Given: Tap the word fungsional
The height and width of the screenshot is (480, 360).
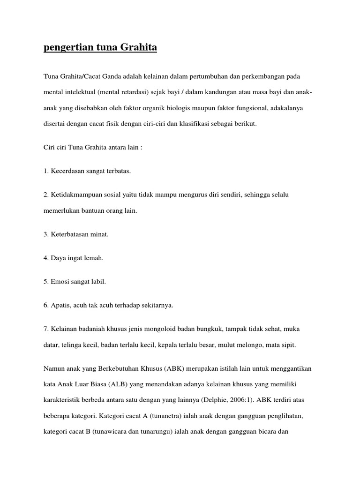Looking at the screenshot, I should [270, 108].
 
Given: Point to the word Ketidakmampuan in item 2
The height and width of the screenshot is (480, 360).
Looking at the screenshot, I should [75, 194].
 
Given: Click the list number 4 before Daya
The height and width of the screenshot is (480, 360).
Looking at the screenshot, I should [46, 257].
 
